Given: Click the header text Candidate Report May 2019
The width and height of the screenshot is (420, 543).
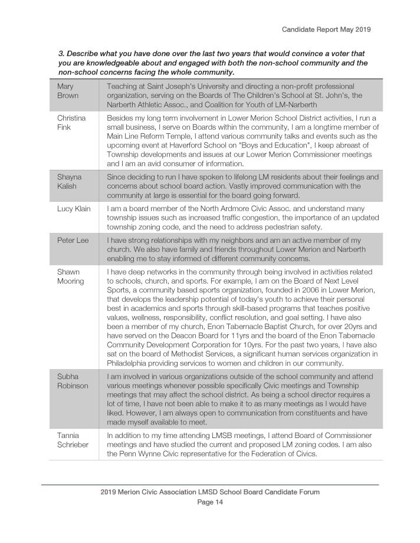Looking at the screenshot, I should pyautogui.click(x=326, y=28).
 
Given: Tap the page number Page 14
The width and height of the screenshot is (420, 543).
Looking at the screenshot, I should pyautogui.click(x=210, y=502).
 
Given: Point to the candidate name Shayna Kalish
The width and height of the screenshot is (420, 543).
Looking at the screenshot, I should pyautogui.click(x=70, y=181).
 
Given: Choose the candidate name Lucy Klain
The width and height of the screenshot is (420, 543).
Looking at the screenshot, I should pyautogui.click(x=73, y=209).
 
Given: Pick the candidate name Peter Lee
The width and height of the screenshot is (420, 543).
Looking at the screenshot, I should pyautogui.click(x=73, y=241).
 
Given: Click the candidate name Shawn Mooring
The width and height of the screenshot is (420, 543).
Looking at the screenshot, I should pyautogui.click(x=70, y=277).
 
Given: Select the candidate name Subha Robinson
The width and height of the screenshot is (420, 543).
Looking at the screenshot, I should pyautogui.click(x=72, y=381).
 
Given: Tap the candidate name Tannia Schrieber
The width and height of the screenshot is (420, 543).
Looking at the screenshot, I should pyautogui.click(x=72, y=440).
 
